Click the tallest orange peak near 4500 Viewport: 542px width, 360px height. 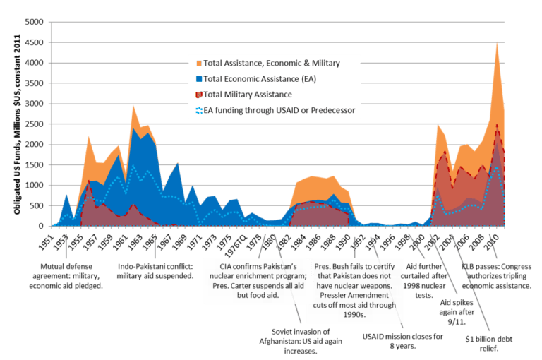[498, 42]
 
